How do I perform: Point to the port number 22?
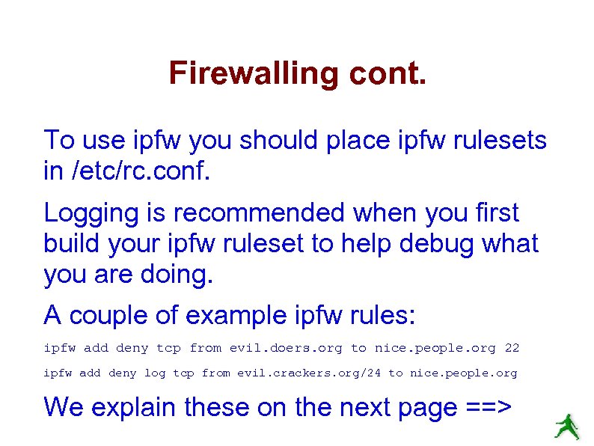pyautogui.click(x=512, y=348)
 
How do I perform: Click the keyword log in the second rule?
pyautogui.click(x=156, y=373)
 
